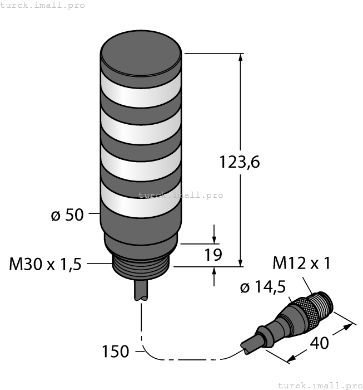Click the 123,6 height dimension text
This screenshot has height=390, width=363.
(x=240, y=162)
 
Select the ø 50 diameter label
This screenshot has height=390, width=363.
(x=67, y=214)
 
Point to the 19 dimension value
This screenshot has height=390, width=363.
(x=213, y=255)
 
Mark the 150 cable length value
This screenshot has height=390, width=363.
(x=116, y=352)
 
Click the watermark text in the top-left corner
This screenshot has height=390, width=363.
(x=43, y=5)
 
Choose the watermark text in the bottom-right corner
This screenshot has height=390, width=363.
(x=320, y=385)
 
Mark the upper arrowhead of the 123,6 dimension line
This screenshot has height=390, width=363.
(x=241, y=58)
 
